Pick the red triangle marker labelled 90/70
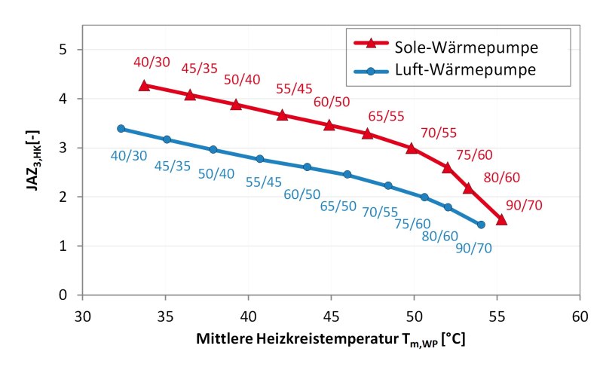tap(502, 219)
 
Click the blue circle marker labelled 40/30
tap(121, 129)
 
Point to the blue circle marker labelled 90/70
tap(481, 225)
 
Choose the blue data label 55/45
tap(264, 181)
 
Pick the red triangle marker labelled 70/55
tap(412, 148)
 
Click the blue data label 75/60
tap(412, 223)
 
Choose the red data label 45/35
tap(200, 69)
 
